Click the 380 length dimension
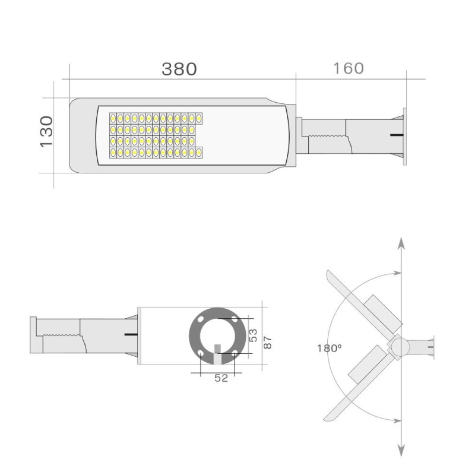(179, 69)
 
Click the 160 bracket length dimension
(349, 68)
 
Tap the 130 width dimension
(47, 132)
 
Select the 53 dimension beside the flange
(253, 335)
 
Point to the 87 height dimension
(268, 343)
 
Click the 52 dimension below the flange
(221, 378)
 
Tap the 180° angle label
(330, 349)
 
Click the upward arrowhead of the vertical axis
(401, 243)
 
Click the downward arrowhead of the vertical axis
(401, 451)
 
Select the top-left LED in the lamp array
(113, 118)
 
